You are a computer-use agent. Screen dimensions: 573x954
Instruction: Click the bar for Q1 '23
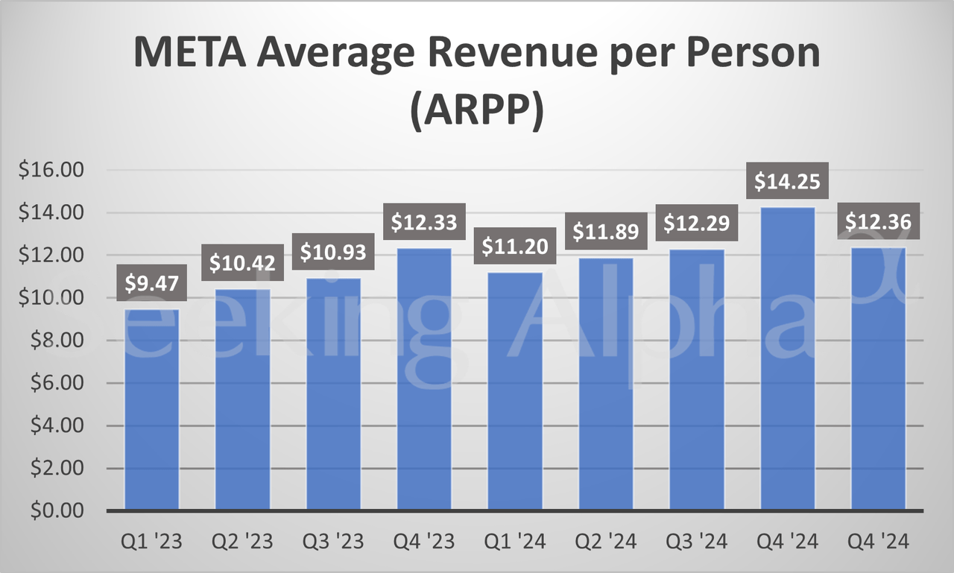(x=152, y=410)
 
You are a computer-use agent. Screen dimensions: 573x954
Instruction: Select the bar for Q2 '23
(x=243, y=400)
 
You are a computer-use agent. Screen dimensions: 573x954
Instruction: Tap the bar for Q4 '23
(x=424, y=380)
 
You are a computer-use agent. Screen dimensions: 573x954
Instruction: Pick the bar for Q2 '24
(x=606, y=384)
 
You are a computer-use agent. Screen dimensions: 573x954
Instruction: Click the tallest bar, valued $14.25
(x=788, y=359)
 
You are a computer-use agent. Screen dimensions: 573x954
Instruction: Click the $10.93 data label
(x=333, y=252)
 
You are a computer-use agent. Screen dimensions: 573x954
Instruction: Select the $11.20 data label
(x=515, y=245)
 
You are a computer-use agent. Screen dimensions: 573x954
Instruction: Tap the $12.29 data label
(x=697, y=223)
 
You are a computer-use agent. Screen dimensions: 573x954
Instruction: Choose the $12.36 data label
(x=878, y=221)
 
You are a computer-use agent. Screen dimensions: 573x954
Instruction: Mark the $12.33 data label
(x=424, y=221)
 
